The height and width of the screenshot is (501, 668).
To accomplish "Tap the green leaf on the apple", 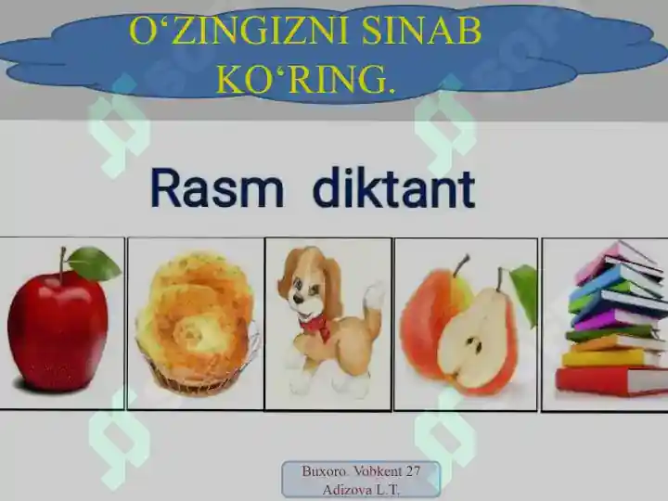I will point(94,264).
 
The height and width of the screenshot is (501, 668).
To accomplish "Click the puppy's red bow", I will point(316,325).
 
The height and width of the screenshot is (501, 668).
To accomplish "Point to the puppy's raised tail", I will point(374,296).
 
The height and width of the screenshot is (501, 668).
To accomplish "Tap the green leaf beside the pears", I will point(526,289).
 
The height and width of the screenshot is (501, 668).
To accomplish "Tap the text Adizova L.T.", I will point(361,489).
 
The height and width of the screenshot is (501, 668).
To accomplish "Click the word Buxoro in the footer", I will point(323,471).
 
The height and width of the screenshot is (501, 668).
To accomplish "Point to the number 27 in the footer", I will point(412,471).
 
